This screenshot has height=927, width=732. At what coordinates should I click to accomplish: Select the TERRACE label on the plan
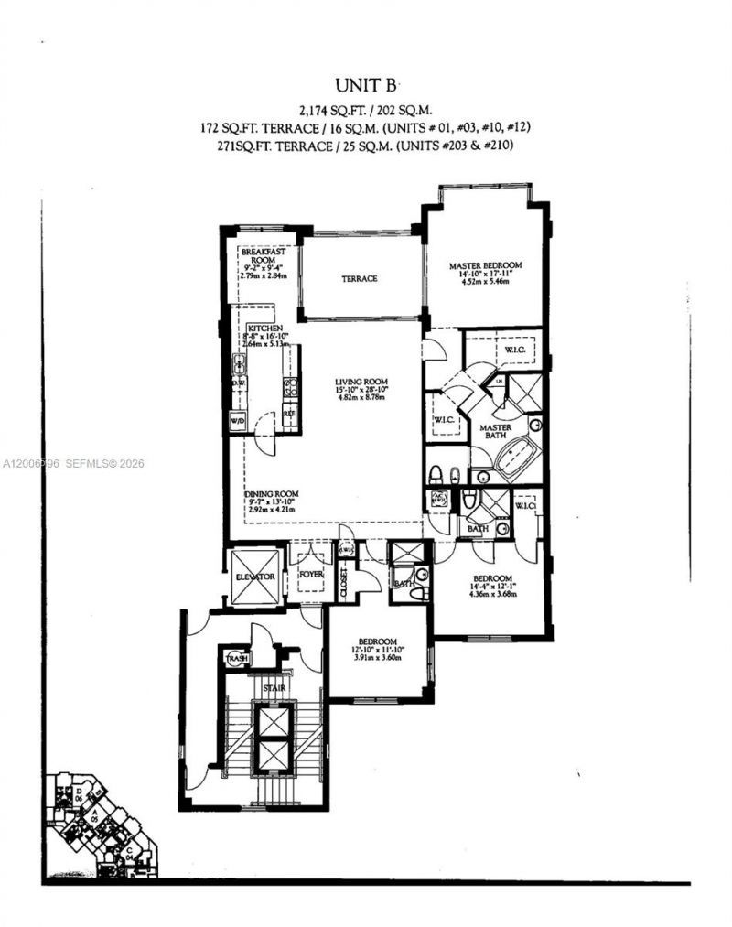point(360,278)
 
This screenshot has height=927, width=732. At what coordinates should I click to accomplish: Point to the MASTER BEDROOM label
point(486,266)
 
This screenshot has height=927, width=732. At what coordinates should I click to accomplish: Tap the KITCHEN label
point(263,327)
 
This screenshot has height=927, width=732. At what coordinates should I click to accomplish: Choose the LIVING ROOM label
point(361,382)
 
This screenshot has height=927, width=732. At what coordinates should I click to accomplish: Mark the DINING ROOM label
point(273,494)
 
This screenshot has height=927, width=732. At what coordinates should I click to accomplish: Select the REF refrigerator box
point(288,414)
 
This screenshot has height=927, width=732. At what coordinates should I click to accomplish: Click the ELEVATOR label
point(254,577)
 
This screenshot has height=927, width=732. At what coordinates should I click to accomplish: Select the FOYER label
point(312,576)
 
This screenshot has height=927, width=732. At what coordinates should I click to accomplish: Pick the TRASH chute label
point(236,658)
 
